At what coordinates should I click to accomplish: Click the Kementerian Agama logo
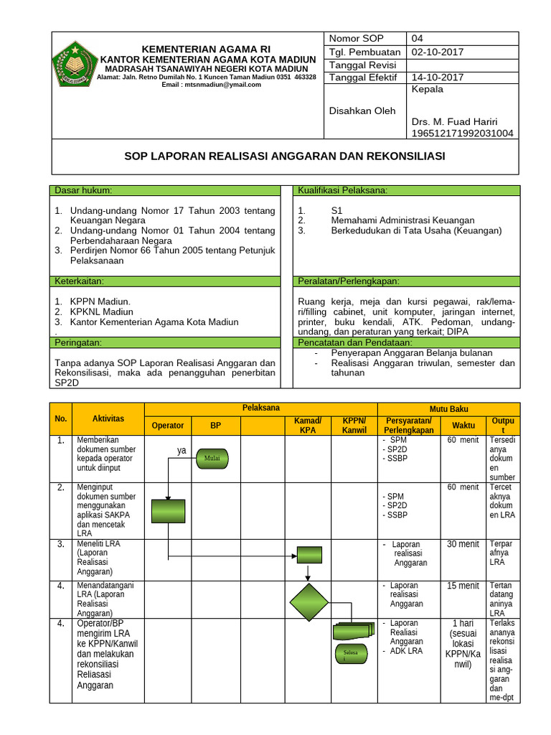[x=75, y=63]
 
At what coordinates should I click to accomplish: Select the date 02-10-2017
[x=438, y=52]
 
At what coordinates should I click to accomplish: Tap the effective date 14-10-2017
[x=438, y=78]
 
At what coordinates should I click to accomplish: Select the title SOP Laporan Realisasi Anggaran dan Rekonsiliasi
[x=285, y=156]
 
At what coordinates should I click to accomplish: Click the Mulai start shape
[x=212, y=457]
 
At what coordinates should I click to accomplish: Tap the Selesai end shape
[x=351, y=654]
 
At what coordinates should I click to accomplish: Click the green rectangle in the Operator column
[x=168, y=511]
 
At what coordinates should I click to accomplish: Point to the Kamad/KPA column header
[x=308, y=425]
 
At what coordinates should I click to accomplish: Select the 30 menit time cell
[x=463, y=544]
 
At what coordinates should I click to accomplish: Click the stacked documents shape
[x=353, y=629]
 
